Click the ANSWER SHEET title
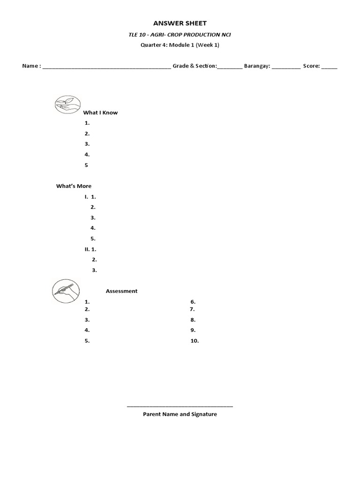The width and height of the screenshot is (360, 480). point(180,23)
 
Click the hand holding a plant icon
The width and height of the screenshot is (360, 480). point(67,104)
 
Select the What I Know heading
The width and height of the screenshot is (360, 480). point(100,112)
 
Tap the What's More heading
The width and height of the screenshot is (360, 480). point(74,186)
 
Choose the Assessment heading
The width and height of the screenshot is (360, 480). point(121,291)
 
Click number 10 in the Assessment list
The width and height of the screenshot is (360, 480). point(195,341)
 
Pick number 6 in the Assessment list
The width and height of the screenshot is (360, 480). point(193,302)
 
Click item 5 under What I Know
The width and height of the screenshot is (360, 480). point(86,165)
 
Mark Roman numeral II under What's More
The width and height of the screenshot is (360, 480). point(87,249)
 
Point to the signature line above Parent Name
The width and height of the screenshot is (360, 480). point(180,406)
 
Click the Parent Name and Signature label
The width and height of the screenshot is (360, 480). point(180,414)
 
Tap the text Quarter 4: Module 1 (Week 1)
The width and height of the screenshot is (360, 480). point(180,45)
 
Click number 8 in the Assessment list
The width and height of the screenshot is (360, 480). point(193,320)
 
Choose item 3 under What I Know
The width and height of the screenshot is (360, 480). point(87,144)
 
